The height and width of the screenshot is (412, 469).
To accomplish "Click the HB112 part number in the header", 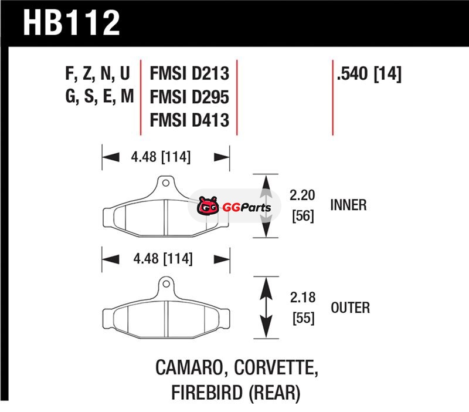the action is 72,23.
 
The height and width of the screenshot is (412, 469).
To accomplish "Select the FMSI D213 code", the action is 189,74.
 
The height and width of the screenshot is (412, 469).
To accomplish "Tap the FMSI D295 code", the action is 189,97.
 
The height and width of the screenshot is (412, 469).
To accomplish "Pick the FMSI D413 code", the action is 189,120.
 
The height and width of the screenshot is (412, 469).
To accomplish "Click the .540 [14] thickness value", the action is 369,74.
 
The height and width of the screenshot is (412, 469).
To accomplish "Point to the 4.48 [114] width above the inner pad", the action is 161,157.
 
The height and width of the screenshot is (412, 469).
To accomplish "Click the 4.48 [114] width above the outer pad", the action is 163,259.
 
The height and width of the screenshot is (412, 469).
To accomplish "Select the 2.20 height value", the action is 302,195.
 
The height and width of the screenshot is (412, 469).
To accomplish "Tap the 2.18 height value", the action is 303,298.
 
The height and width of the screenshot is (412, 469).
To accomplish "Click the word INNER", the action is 348,205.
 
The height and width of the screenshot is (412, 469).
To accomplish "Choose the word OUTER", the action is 350,308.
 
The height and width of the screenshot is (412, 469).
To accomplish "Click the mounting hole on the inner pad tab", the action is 166,183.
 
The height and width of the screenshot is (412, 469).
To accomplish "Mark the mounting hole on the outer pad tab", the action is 166,283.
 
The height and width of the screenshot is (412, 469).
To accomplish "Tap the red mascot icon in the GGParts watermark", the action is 208,205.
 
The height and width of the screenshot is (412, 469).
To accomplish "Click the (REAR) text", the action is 274,393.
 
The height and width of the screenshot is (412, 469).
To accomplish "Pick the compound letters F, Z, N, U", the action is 98,74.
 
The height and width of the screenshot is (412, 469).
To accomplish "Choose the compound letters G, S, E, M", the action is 99,97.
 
